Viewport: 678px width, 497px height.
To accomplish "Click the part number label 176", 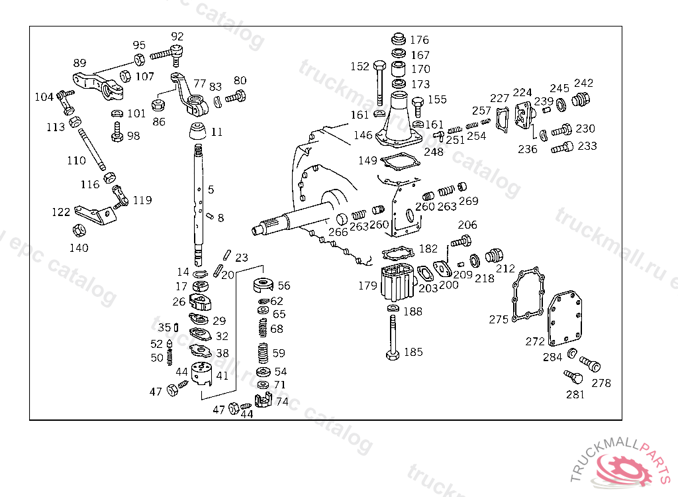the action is coord(419,40).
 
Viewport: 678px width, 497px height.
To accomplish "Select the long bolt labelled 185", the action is coord(393,338).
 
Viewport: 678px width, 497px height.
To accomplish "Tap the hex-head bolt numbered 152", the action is coord(379,83).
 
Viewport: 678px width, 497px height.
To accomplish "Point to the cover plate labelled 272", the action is coord(565,319).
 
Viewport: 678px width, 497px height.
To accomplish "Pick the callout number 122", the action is coord(61,212).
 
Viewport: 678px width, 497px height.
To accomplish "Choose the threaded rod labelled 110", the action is coord(91,149).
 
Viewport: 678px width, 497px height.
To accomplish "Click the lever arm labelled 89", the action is coord(98,85).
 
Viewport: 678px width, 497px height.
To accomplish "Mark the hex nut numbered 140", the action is coord(79,230).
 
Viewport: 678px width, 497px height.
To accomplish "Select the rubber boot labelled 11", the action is coord(197,131).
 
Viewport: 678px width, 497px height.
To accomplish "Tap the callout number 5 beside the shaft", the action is coord(211,190).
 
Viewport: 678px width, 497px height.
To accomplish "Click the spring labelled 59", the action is coord(263,353).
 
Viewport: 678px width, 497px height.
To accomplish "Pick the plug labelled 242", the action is coord(580,100).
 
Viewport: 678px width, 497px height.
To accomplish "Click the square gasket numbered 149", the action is coord(400,162).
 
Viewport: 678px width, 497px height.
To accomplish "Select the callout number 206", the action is coord(467,225).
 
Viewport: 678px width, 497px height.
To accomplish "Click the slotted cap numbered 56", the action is coord(264,285).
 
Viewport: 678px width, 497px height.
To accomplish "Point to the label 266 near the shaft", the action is coord(338,232).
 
